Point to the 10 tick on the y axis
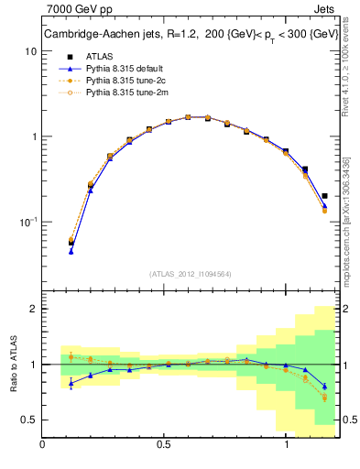(x=30, y=52)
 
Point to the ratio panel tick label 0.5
(x=28, y=420)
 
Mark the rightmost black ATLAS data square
(x=325, y=195)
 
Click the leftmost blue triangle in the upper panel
(x=71, y=251)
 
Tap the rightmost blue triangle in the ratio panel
(x=325, y=386)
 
